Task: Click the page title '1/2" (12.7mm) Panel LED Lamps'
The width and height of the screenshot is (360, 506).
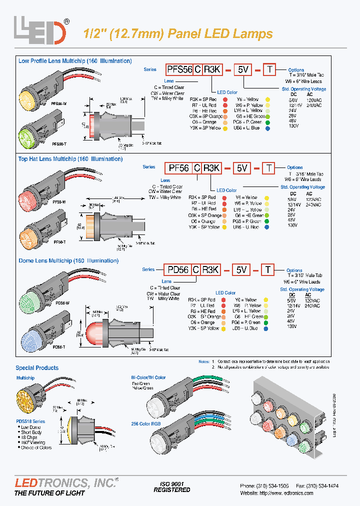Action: coord(177,34)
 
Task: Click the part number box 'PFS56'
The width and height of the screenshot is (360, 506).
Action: coord(180,70)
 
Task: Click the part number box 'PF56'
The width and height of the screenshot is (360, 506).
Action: coord(178,168)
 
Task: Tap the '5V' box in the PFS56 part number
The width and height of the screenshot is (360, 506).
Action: coord(243,70)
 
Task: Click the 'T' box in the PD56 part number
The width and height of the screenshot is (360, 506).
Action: coord(268,270)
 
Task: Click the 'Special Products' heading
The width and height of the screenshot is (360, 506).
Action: coord(36,368)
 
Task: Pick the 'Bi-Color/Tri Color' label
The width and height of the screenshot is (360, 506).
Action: coord(148,377)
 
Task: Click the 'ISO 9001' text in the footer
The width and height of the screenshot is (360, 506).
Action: coord(171,484)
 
